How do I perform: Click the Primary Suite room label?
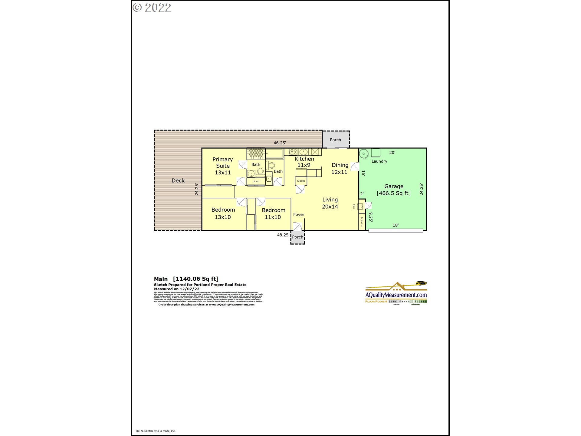pos(223,166)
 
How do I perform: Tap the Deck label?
pos(178,181)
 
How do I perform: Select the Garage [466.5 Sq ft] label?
pos(393,190)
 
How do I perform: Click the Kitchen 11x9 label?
pos(304,162)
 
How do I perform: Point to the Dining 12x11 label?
pos(340,169)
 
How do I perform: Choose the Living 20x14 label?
pos(330,203)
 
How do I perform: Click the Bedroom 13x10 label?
pos(223,213)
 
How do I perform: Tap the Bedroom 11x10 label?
pos(273,214)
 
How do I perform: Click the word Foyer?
pos(299,215)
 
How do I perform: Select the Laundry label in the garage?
pos(379,161)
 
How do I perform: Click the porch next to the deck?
pos(335,140)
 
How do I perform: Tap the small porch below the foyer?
pos(297,237)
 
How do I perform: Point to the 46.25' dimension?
pos(280,143)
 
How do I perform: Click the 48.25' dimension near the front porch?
pos(283,235)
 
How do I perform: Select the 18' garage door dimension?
pos(396,225)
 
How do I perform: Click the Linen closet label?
pos(256,181)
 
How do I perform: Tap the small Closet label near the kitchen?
pos(301,181)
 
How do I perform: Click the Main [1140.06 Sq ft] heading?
pos(186,279)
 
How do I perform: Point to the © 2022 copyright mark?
pos(152,8)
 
